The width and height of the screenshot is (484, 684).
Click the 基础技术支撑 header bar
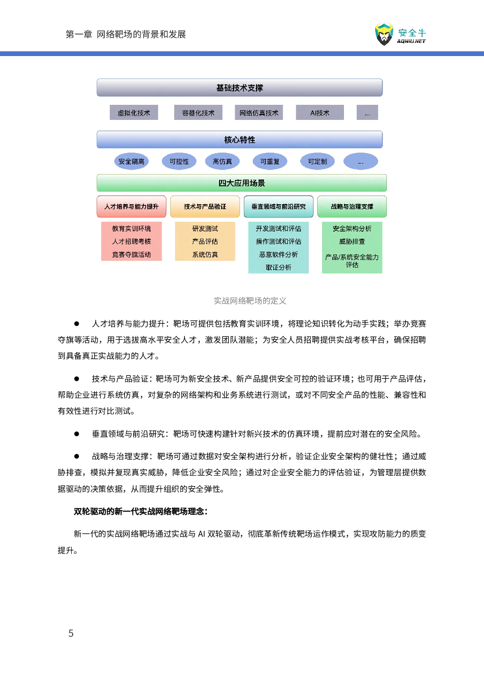(240, 88)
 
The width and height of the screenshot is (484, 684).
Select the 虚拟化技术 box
(134, 113)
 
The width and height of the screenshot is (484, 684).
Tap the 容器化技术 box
(198, 113)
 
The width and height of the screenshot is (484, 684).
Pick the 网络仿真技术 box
(259, 113)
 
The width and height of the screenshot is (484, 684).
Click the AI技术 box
(320, 113)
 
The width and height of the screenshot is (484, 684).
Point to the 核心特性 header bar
(240, 140)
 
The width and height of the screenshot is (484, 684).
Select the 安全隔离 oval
(131, 161)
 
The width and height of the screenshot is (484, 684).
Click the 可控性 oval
(179, 161)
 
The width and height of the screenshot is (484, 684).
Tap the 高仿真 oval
(222, 161)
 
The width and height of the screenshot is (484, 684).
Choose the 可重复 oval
(270, 161)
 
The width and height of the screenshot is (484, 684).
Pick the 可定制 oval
(318, 161)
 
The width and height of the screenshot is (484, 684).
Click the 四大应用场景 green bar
(242, 183)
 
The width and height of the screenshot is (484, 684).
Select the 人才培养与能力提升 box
(131, 207)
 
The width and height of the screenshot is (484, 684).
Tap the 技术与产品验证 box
(205, 207)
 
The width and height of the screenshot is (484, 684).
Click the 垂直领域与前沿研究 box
(279, 207)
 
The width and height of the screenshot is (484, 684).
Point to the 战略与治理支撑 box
(352, 207)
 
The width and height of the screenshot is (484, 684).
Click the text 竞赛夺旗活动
(131, 254)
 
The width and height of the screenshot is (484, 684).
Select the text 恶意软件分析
(279, 254)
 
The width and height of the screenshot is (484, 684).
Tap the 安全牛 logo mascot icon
(384, 34)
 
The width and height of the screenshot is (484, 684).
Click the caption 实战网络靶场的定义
(250, 301)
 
